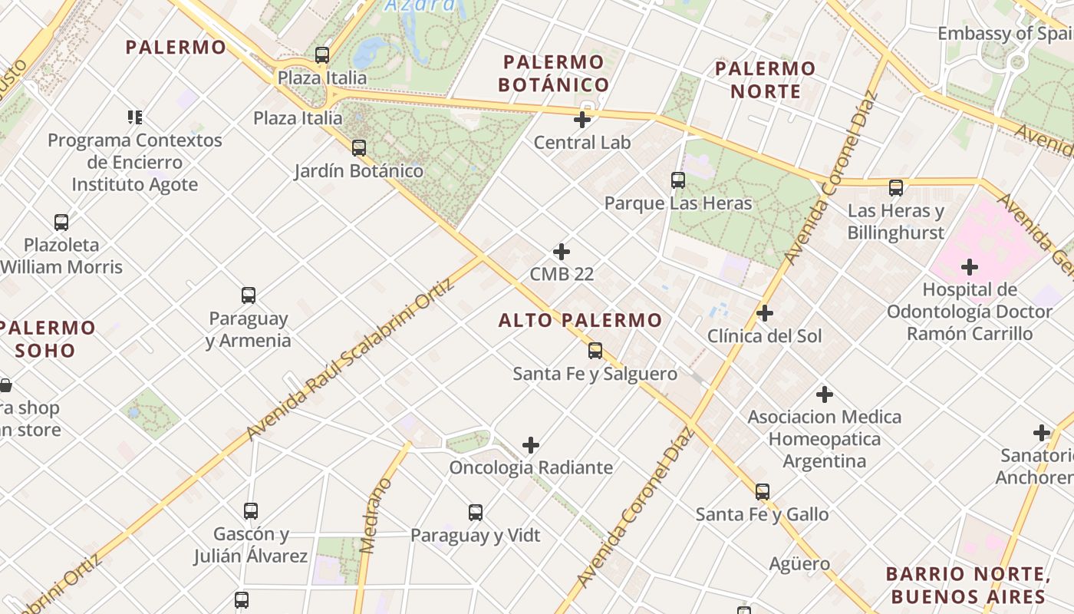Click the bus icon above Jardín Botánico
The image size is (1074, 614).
(x=358, y=147)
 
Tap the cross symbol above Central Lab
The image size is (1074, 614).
(x=582, y=119)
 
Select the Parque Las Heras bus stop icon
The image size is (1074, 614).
(x=678, y=180)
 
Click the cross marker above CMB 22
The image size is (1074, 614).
(x=562, y=252)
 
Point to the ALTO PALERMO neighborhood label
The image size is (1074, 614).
(x=580, y=321)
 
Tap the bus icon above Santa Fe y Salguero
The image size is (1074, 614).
(x=595, y=351)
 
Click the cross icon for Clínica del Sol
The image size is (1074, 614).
(x=764, y=313)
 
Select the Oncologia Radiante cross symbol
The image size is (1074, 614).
(x=531, y=445)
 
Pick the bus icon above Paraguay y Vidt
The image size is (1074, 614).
(x=476, y=512)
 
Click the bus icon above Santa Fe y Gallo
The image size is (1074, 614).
(x=762, y=491)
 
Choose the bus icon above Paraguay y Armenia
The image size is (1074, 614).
(x=248, y=295)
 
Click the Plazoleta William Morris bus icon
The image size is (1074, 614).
(x=61, y=223)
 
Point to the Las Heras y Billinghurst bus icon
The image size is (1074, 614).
(x=895, y=187)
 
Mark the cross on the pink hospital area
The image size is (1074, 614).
(x=970, y=267)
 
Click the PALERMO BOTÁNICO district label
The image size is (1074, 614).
(x=554, y=73)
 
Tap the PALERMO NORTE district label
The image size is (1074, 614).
(x=765, y=80)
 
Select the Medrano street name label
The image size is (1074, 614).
(x=375, y=515)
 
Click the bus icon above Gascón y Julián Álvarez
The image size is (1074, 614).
(x=250, y=510)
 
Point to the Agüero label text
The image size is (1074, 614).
(x=799, y=564)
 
